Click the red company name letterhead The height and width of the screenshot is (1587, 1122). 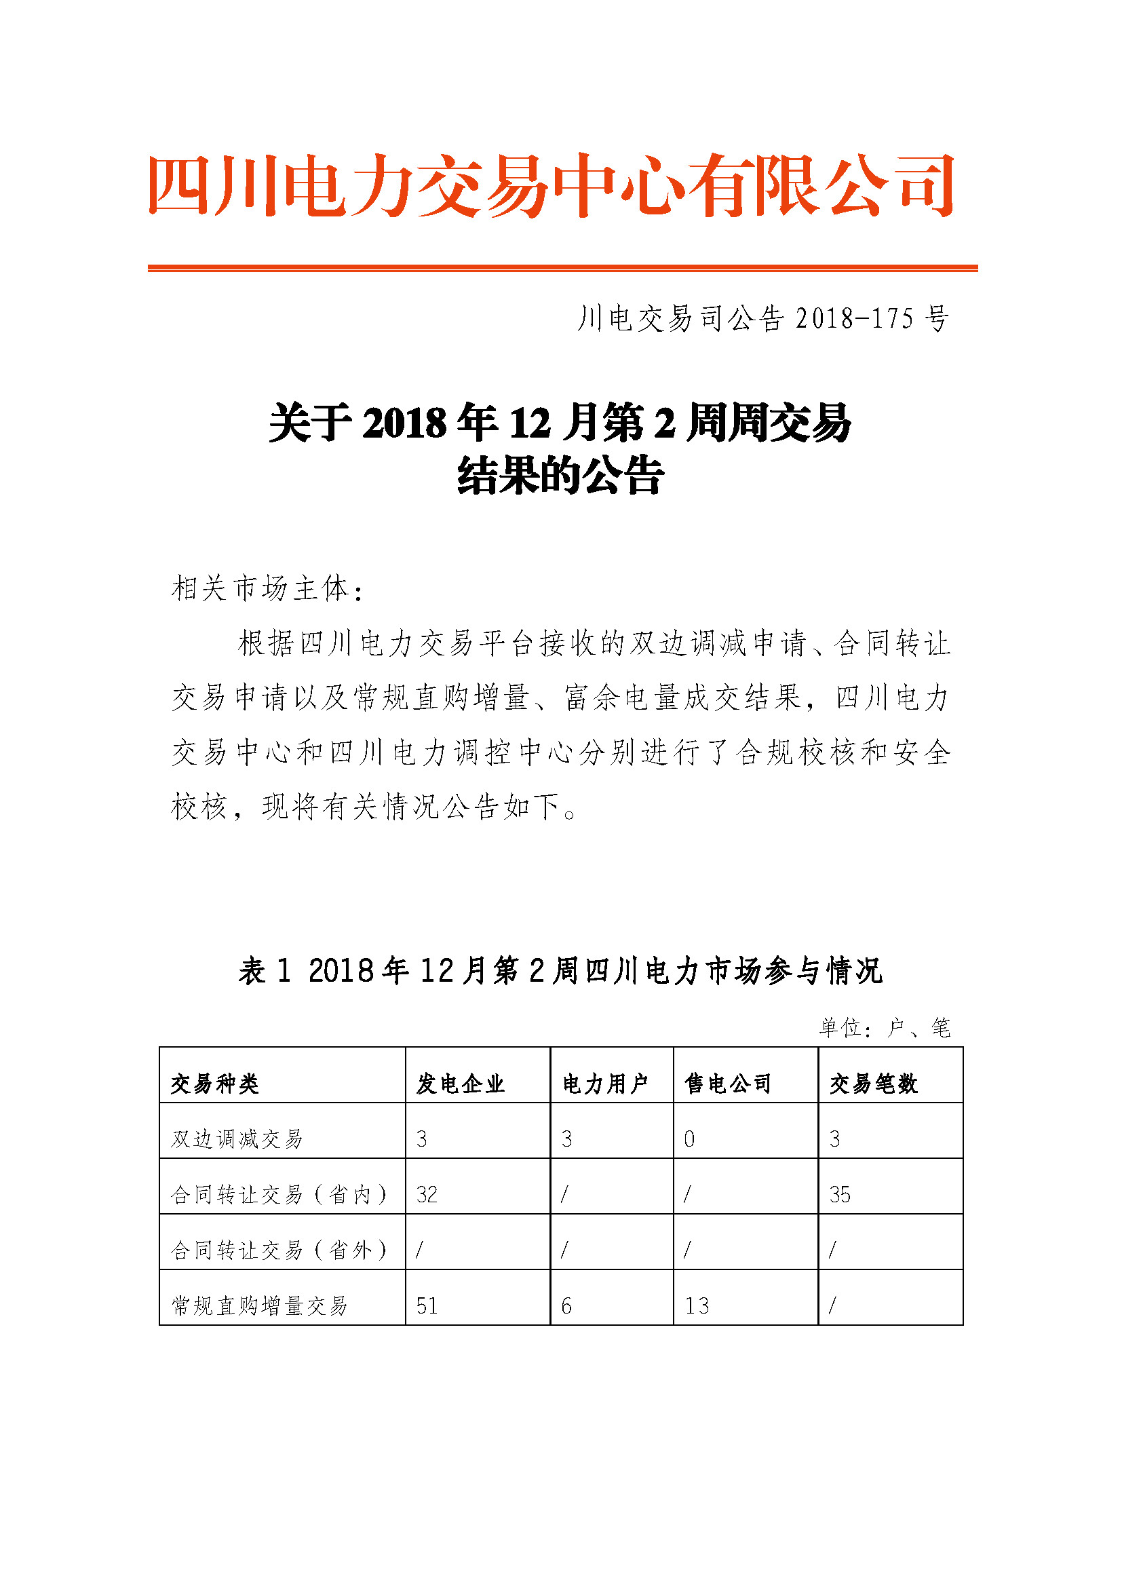pos(551,185)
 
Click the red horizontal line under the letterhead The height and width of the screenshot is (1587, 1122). pos(562,268)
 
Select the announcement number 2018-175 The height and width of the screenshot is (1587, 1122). pos(762,319)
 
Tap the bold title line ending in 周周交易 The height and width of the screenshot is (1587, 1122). pos(560,422)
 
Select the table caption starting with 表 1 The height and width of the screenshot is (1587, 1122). pos(560,970)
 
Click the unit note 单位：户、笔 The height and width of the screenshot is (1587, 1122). pos(885,1028)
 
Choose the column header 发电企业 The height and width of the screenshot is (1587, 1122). pos(460,1084)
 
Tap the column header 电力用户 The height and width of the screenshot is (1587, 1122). pos(605,1084)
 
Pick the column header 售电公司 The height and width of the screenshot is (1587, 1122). pos(728,1084)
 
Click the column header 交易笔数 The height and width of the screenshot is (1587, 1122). pos(873,1084)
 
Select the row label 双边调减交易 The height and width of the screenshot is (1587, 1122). pos(237,1139)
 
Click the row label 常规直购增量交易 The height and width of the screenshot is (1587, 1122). pos(259,1305)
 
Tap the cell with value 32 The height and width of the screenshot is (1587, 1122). pos(426,1195)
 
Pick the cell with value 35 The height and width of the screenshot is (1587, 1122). pos(839,1195)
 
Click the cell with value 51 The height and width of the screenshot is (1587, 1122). pos(426,1305)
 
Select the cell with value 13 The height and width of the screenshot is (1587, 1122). pos(697,1305)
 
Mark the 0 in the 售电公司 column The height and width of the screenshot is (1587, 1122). pos(689,1139)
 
